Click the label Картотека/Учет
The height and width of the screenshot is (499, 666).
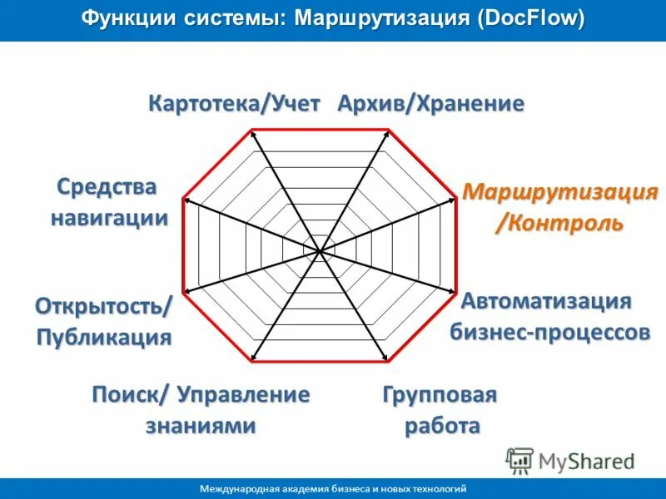234,105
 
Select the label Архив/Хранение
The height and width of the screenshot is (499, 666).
430,105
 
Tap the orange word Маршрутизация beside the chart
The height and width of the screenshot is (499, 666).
560,193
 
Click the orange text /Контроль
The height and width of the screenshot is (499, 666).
559,223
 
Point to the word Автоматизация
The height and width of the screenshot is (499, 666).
546,300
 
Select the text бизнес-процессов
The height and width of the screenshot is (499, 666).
549,332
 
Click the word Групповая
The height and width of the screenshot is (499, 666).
440,395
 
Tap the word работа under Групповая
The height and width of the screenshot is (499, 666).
442,427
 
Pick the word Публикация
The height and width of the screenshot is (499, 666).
105,337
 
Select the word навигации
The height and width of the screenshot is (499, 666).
109,218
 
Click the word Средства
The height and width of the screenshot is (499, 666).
107,186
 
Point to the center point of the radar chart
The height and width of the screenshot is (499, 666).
320,249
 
